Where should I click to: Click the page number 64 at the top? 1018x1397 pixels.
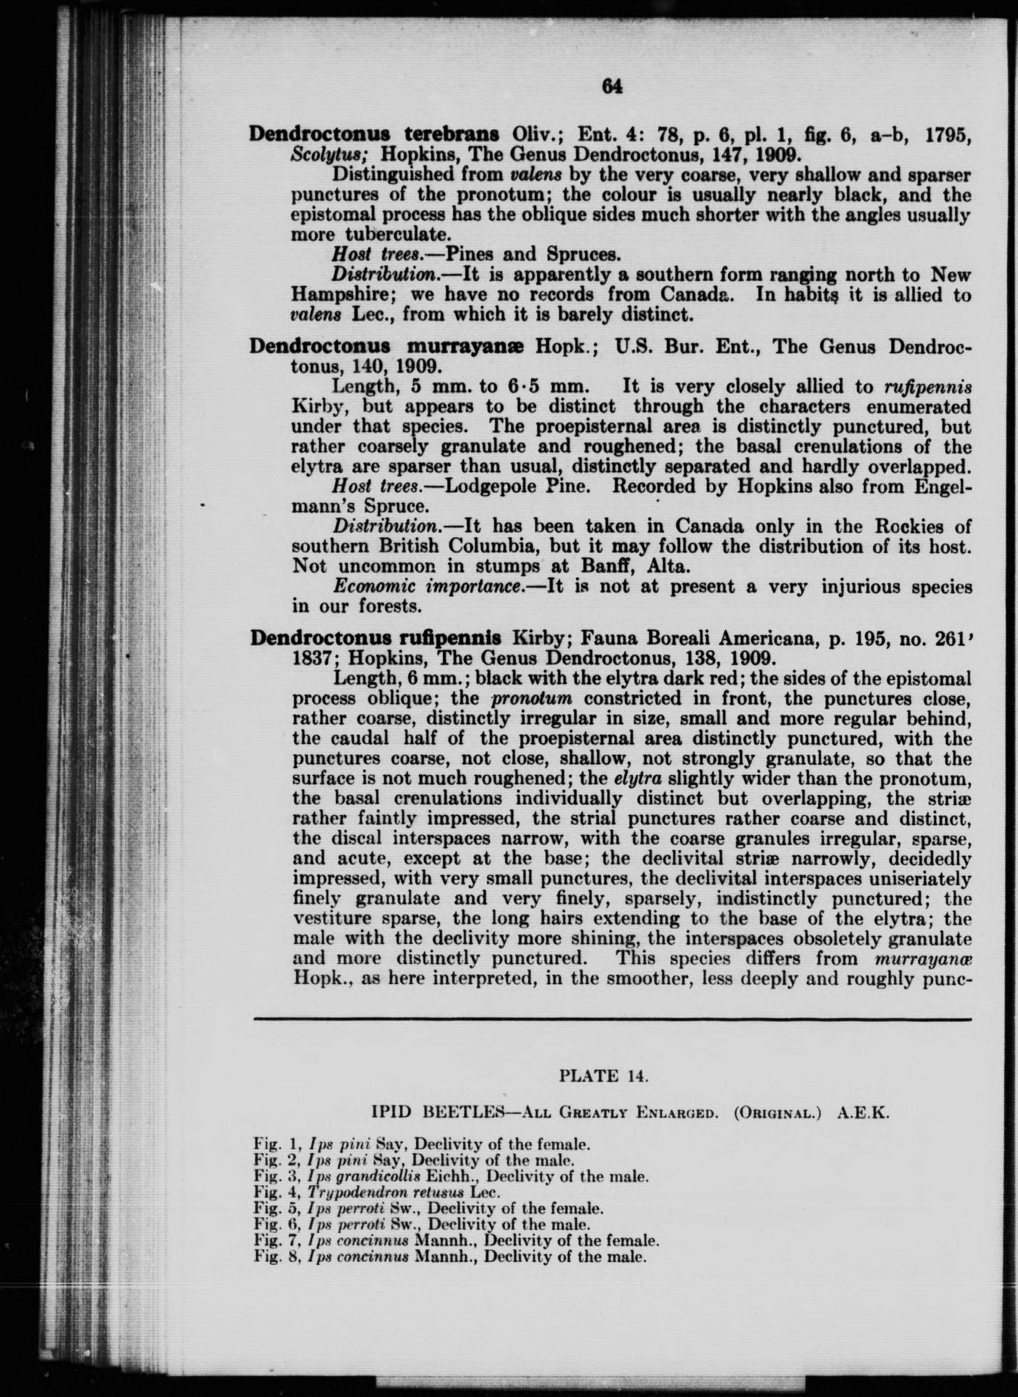pyautogui.click(x=612, y=87)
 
